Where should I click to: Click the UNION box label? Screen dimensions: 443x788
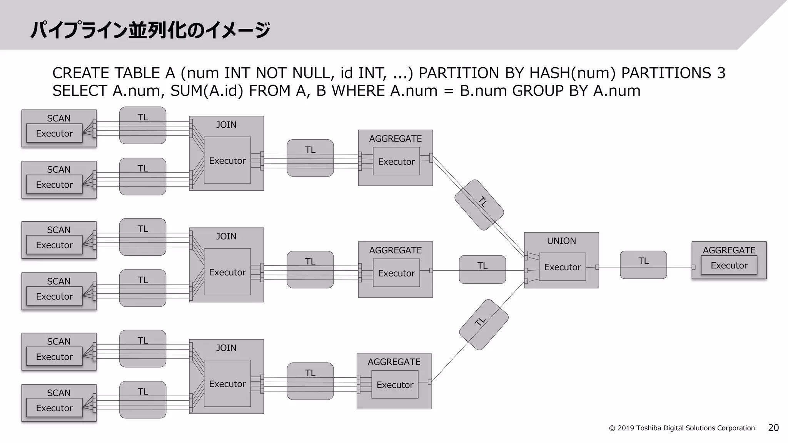(x=561, y=241)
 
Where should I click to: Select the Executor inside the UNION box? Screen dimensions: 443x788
(x=562, y=267)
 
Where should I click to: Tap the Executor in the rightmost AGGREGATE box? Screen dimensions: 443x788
(x=729, y=265)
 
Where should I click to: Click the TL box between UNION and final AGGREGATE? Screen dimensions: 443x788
(x=643, y=265)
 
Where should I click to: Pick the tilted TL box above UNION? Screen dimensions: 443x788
(x=479, y=205)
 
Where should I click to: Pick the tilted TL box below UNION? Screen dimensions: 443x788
(x=484, y=325)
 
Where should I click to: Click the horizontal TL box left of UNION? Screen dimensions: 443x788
(x=482, y=269)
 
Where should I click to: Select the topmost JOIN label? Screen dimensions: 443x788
(x=226, y=125)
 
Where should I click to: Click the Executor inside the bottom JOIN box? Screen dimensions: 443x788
(x=227, y=383)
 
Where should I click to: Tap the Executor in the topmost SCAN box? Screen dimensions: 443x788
(x=54, y=133)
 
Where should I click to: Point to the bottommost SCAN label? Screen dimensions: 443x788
(x=58, y=393)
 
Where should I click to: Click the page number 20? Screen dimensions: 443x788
(x=773, y=428)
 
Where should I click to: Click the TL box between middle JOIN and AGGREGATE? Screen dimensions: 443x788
(x=310, y=269)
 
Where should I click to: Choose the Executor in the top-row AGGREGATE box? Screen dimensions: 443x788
(x=396, y=162)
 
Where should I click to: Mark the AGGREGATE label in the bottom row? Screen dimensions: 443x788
(x=394, y=362)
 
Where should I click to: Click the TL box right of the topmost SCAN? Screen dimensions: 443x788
(x=143, y=125)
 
